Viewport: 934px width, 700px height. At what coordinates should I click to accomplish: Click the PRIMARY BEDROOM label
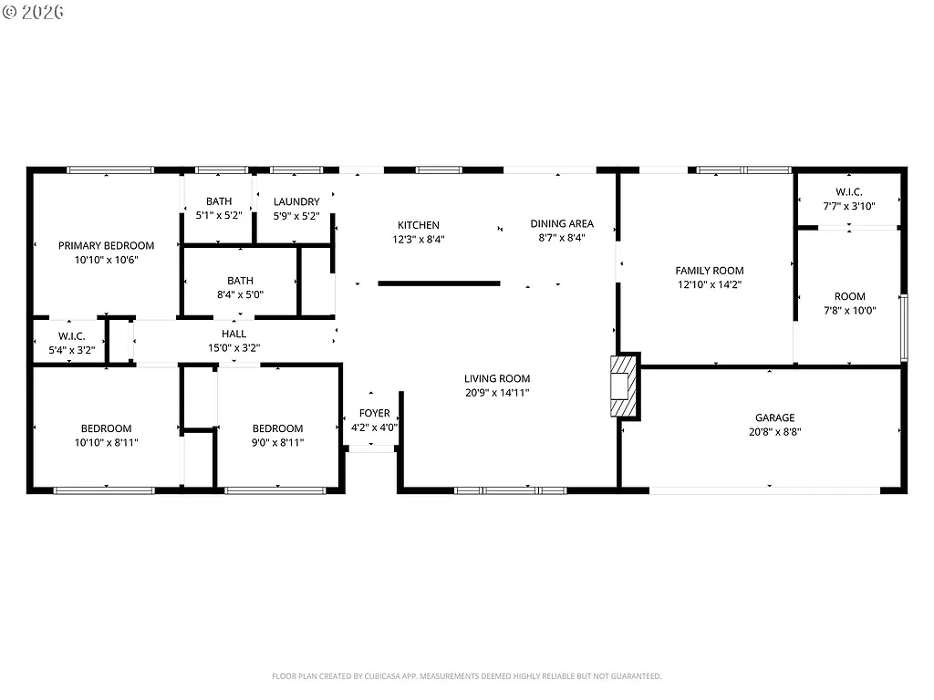point(106,245)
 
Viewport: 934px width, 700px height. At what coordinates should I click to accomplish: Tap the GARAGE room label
point(773,418)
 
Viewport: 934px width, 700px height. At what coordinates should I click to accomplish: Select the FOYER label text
point(374,413)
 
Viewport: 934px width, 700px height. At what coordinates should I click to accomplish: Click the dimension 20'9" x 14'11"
point(496,393)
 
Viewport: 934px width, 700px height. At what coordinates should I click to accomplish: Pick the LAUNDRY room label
point(296,201)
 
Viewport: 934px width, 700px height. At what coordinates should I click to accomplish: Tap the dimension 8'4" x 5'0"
point(240,295)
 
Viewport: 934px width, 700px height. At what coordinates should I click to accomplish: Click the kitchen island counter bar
point(439,283)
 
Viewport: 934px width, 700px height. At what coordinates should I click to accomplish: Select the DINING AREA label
point(562,223)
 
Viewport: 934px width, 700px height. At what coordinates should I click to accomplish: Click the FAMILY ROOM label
point(709,271)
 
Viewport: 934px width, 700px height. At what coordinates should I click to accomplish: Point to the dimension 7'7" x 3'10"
point(848,206)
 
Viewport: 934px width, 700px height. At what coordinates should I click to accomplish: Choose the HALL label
point(233,334)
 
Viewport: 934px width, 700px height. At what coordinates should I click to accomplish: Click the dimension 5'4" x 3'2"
point(71,350)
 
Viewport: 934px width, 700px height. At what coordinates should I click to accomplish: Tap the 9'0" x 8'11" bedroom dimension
point(277,442)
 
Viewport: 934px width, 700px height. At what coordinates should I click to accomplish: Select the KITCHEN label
point(418,225)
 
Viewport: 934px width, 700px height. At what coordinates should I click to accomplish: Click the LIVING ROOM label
point(496,379)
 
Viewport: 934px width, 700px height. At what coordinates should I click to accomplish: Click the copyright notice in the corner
point(33,13)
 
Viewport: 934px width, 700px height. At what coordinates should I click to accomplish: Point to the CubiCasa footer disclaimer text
point(466,676)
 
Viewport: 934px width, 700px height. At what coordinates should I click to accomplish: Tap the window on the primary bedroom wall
point(110,169)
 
